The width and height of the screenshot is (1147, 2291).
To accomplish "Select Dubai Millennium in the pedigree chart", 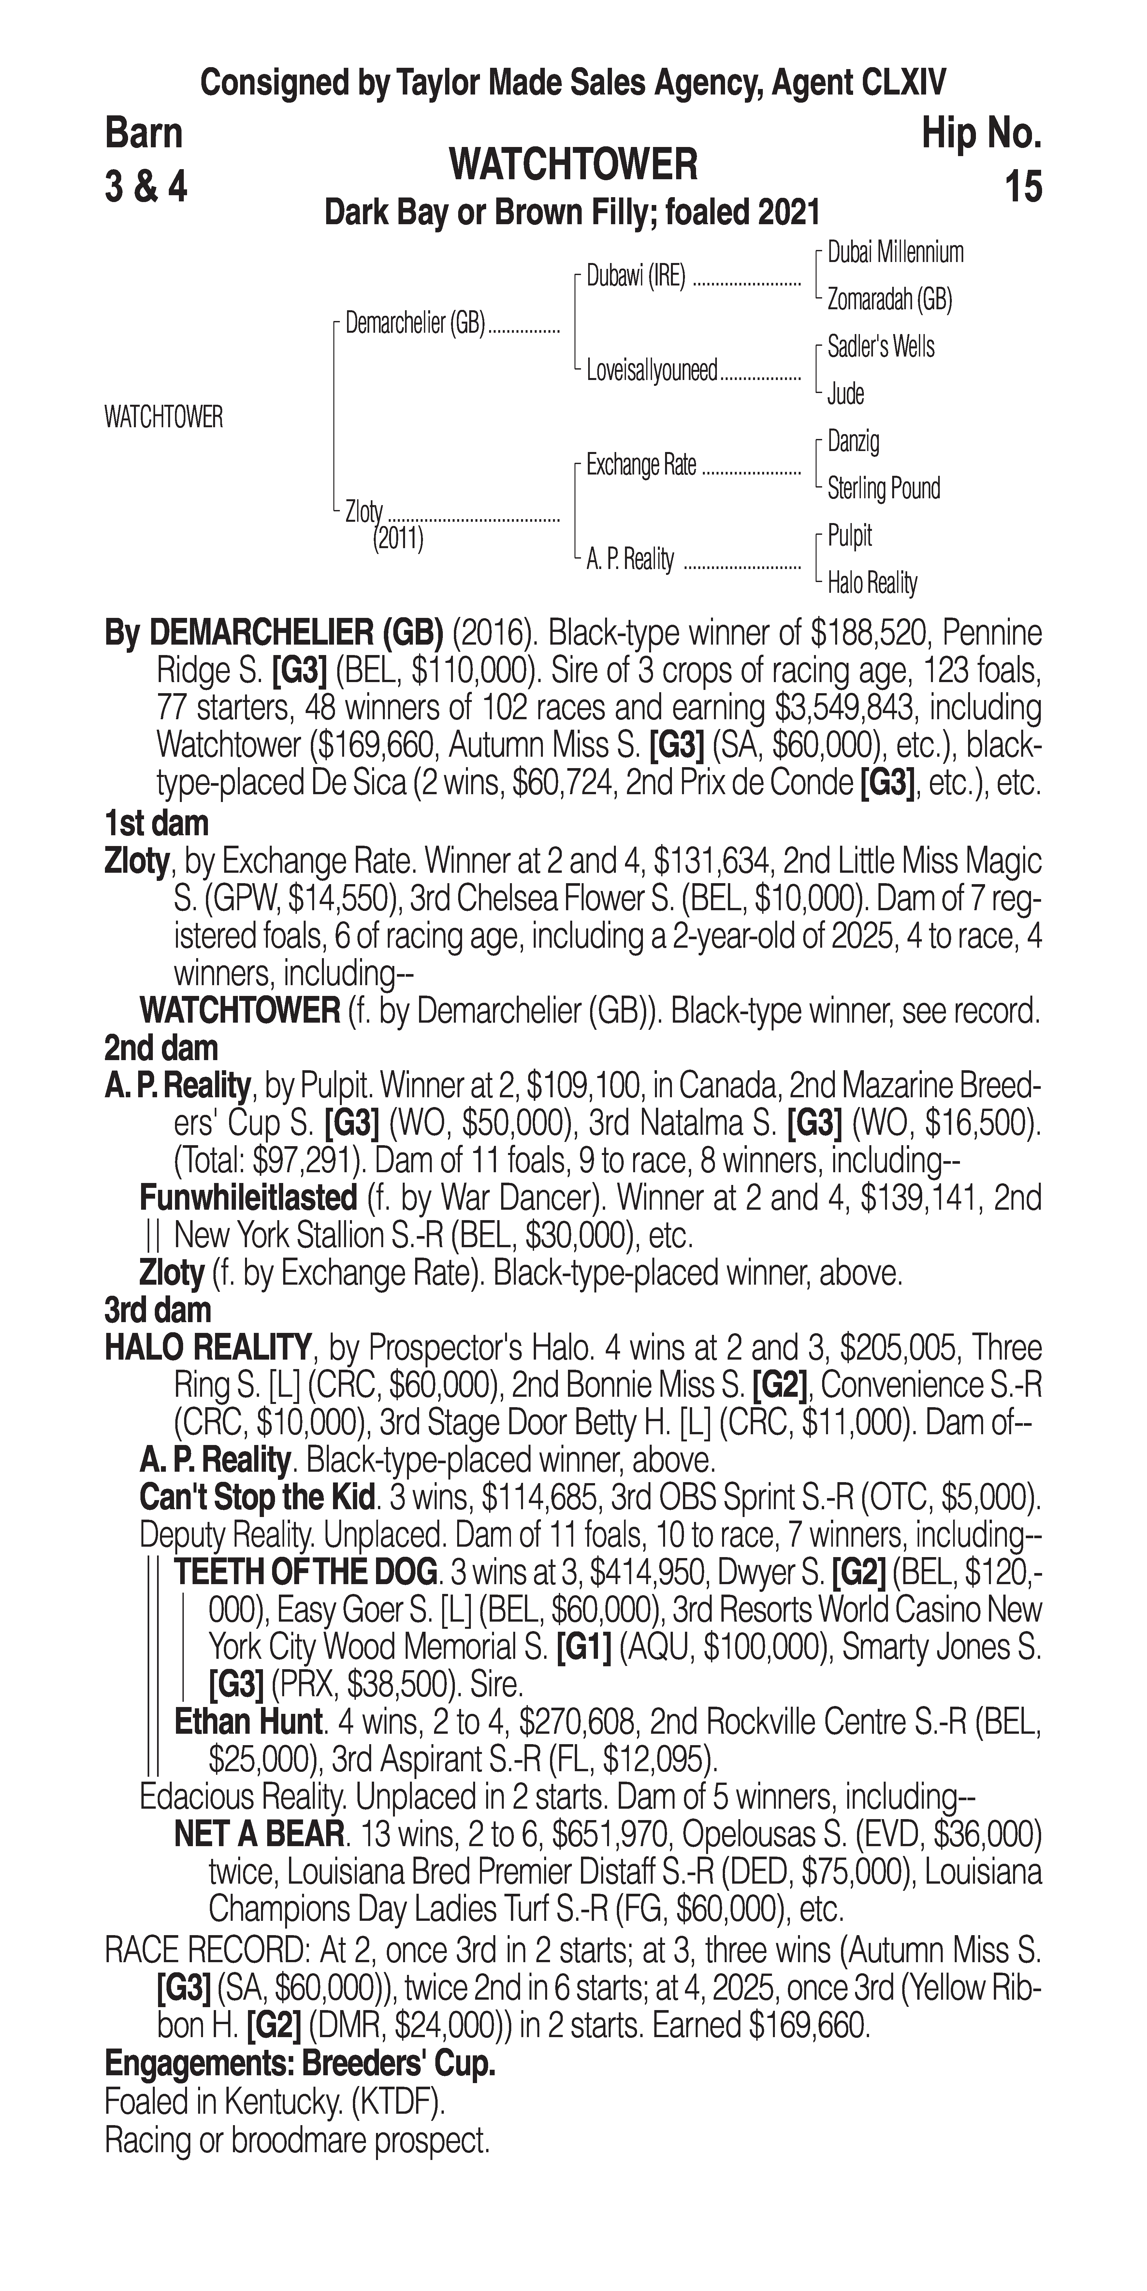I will (894, 253).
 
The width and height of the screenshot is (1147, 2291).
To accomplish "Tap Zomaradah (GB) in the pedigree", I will (889, 300).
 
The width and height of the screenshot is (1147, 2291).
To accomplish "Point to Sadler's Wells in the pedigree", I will (880, 347).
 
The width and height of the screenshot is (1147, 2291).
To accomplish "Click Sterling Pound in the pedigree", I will (883, 488).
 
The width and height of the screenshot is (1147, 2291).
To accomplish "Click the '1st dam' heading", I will (156, 824).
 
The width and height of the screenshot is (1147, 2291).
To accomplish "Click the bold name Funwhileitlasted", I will (248, 1198).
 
